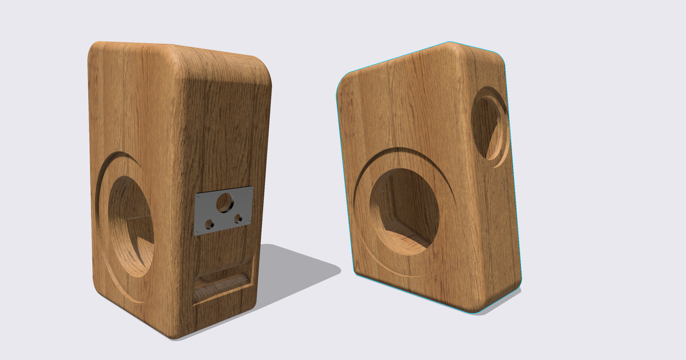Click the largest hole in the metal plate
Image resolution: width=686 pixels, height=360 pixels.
pos(225,202)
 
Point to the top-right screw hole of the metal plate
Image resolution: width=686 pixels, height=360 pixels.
pos(250,189)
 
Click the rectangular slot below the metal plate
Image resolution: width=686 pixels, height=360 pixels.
pos(223,285)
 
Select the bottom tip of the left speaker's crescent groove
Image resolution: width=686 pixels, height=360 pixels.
pos(140,301)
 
